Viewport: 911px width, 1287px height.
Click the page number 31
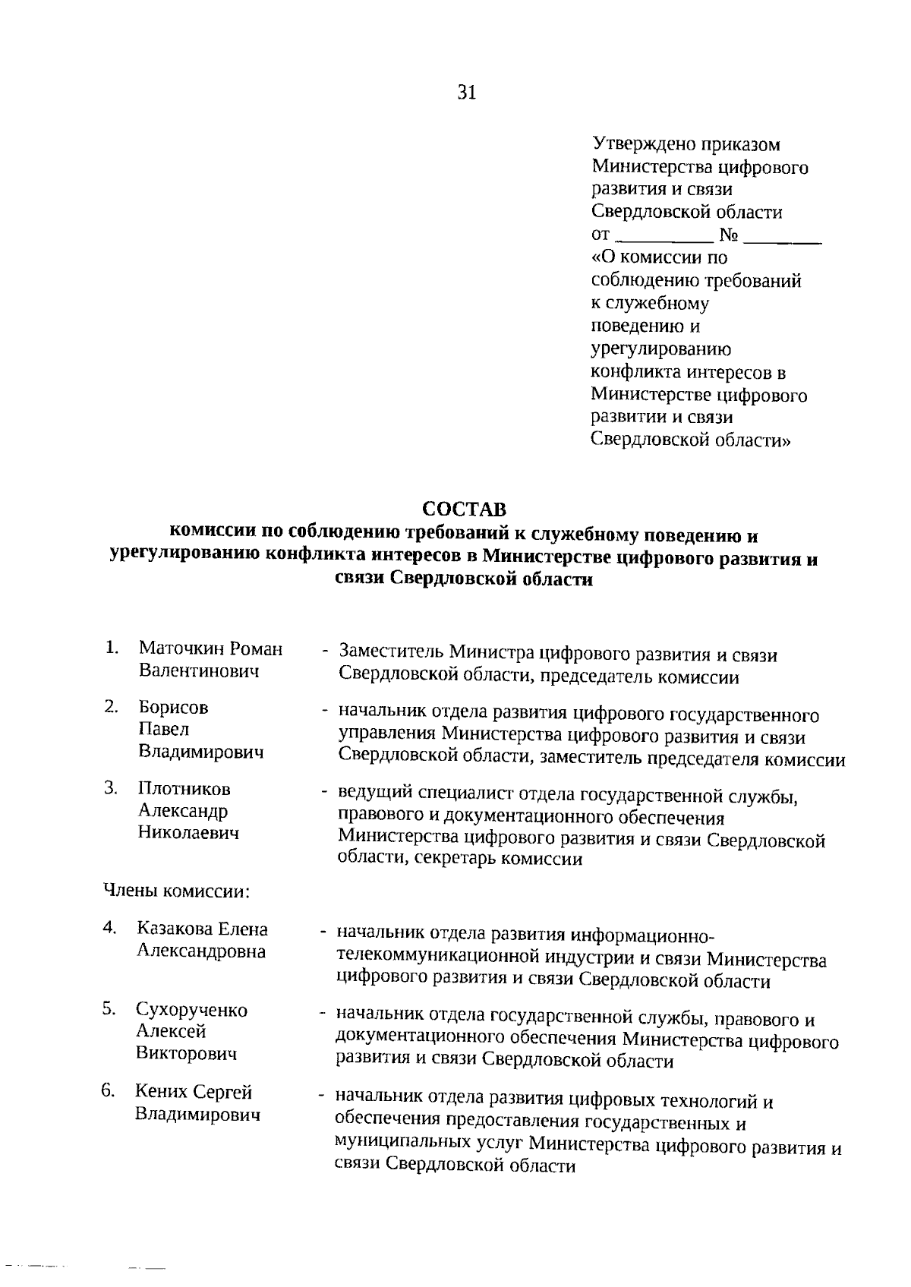click(x=466, y=93)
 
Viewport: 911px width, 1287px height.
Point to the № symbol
click(x=728, y=235)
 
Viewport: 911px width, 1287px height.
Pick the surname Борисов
click(x=173, y=708)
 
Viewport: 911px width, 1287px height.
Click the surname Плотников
click(x=184, y=789)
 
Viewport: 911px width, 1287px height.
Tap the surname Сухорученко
click(x=191, y=1010)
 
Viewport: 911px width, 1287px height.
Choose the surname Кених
click(x=161, y=1092)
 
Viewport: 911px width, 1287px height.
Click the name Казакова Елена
click(x=202, y=929)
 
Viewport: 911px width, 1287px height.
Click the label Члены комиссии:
click(x=177, y=891)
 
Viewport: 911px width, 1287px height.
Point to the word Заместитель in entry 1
click(x=391, y=654)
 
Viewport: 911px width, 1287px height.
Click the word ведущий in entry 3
click(x=372, y=795)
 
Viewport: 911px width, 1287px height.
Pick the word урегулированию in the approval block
click(x=660, y=349)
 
